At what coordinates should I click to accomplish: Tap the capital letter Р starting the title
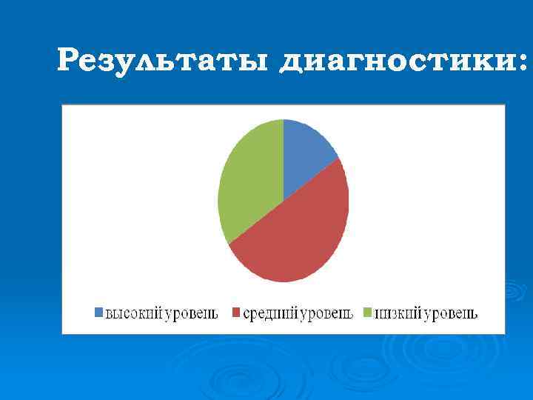pyautogui.click(x=68, y=59)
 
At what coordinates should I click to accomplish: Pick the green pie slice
pyautogui.click(x=248, y=181)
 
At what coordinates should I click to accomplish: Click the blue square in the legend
pyautogui.click(x=98, y=313)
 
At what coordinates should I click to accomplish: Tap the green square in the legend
pyautogui.click(x=368, y=313)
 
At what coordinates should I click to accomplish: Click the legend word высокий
pyautogui.click(x=132, y=313)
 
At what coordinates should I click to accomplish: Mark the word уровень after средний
pyautogui.click(x=324, y=314)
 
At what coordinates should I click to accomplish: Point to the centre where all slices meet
pyautogui.click(x=284, y=200)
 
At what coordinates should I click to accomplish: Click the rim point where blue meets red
pyautogui.click(x=339, y=158)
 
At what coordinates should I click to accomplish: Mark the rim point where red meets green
pyautogui.click(x=229, y=243)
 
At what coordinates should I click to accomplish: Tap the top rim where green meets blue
pyautogui.click(x=284, y=119)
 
